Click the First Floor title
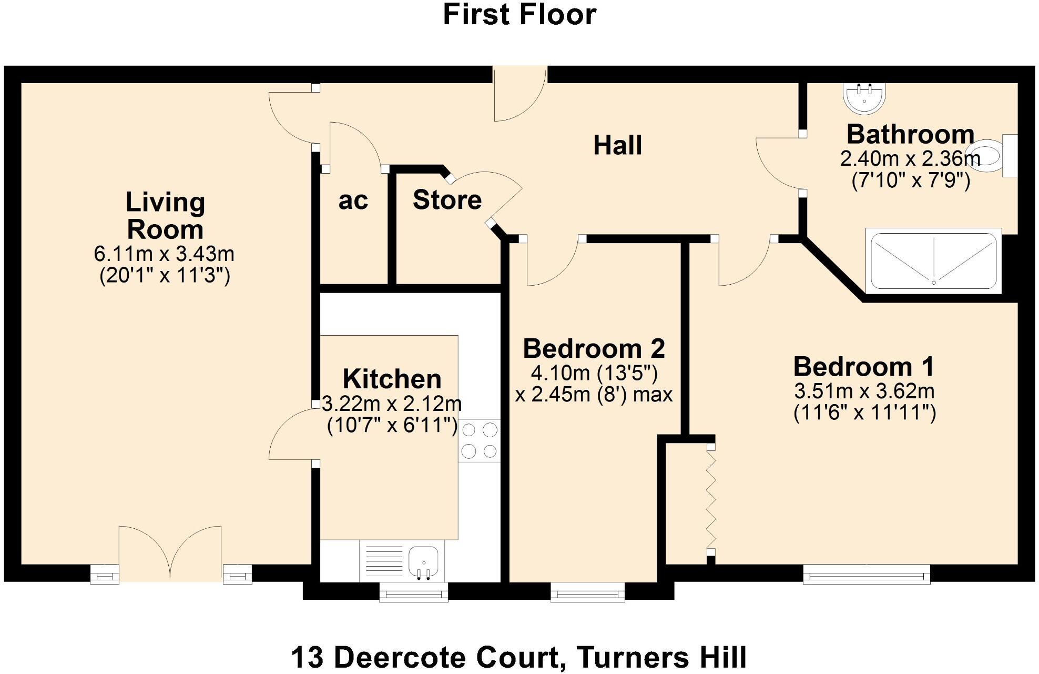point(519,15)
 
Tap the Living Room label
point(165,216)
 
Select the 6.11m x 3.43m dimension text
point(164,254)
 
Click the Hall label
point(617,145)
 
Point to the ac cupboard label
point(353,200)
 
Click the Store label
point(447,200)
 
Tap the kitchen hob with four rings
point(479,440)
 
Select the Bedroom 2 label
point(594,349)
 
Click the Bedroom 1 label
point(864,367)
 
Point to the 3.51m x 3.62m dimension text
point(864,391)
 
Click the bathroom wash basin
point(864,98)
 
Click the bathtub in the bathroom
point(933,261)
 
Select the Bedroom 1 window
point(866,574)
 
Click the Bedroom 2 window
point(587,592)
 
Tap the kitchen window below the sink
point(413,592)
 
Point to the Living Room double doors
point(170,552)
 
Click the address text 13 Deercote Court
point(429,658)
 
